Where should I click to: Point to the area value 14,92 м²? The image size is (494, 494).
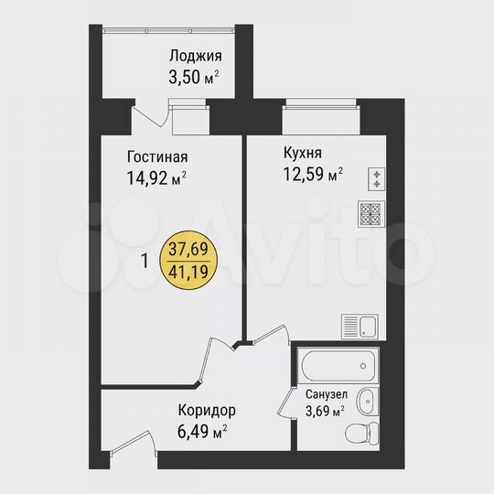[x=156, y=177]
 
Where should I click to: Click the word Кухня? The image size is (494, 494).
[x=303, y=152]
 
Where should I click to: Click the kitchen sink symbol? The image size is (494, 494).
[x=360, y=325]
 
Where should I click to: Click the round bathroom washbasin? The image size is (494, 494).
[x=368, y=399]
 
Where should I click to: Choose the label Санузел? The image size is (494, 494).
[x=325, y=395]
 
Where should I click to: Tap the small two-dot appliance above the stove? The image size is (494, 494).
[x=375, y=177]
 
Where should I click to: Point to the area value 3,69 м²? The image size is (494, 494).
[x=325, y=411]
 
